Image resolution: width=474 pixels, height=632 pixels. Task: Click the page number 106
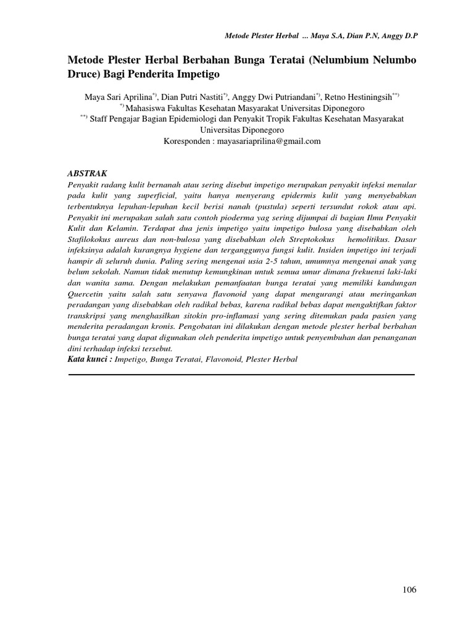(x=409, y=589)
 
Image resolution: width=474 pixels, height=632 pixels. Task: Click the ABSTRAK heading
(x=87, y=174)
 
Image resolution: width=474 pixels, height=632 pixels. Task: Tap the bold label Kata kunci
(x=89, y=359)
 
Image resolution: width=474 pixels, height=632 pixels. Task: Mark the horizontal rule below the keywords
(x=241, y=373)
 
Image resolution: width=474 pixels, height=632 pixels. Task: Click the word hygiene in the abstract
(x=189, y=251)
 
